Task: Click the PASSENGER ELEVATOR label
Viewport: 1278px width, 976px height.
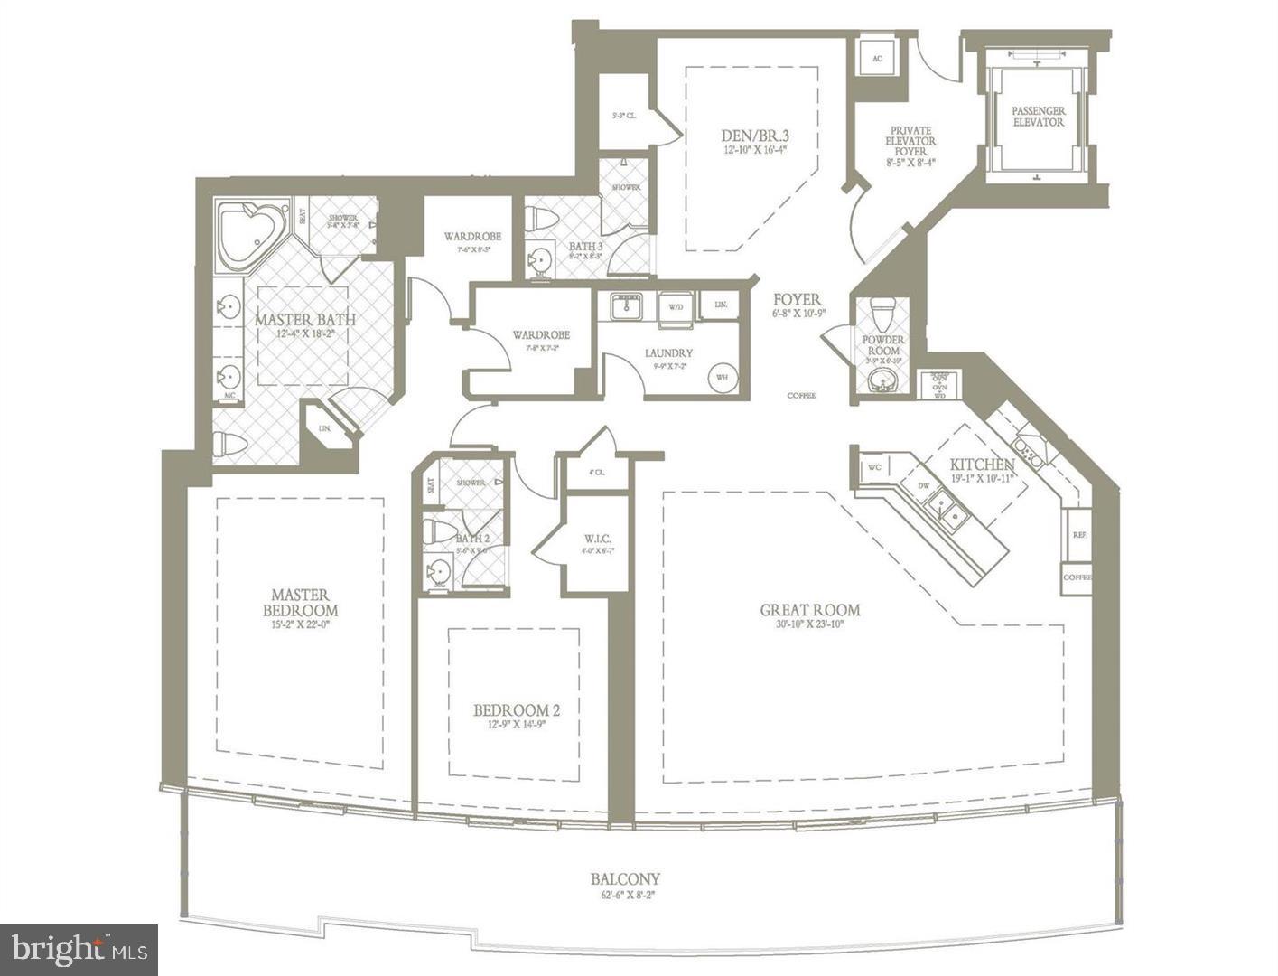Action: [x=1038, y=116]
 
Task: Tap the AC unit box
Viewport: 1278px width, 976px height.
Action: [x=876, y=59]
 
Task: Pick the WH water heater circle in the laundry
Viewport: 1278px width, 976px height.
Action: [x=723, y=377]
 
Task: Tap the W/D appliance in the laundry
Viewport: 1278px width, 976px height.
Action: [x=675, y=307]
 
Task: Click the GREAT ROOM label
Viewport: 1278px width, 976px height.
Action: [x=809, y=610]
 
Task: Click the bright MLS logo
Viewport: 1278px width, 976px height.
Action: [x=79, y=950]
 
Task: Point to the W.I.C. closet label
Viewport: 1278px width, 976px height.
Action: [x=597, y=539]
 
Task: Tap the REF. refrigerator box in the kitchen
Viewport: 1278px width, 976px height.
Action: [x=1078, y=535]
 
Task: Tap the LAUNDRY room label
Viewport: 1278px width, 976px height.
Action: [x=668, y=352]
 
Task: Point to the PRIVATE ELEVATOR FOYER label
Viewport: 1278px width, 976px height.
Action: [x=910, y=141]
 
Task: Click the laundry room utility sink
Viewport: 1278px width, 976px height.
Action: [x=624, y=306]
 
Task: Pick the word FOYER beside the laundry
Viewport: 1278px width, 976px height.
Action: [x=797, y=299]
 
